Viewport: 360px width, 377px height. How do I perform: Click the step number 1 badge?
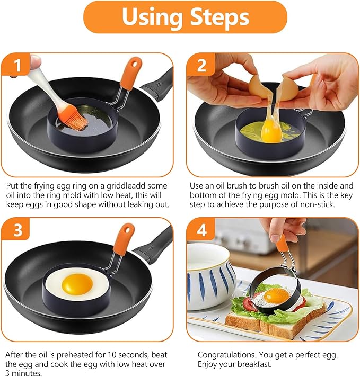[x=19, y=66]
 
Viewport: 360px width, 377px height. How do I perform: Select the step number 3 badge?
[x=19, y=231]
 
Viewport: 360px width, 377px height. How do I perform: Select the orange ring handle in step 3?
[x=124, y=236]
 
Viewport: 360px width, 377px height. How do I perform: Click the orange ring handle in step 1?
[x=129, y=75]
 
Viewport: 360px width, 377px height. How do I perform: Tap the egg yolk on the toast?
[x=277, y=294]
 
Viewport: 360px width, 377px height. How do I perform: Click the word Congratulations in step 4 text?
[x=229, y=354]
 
